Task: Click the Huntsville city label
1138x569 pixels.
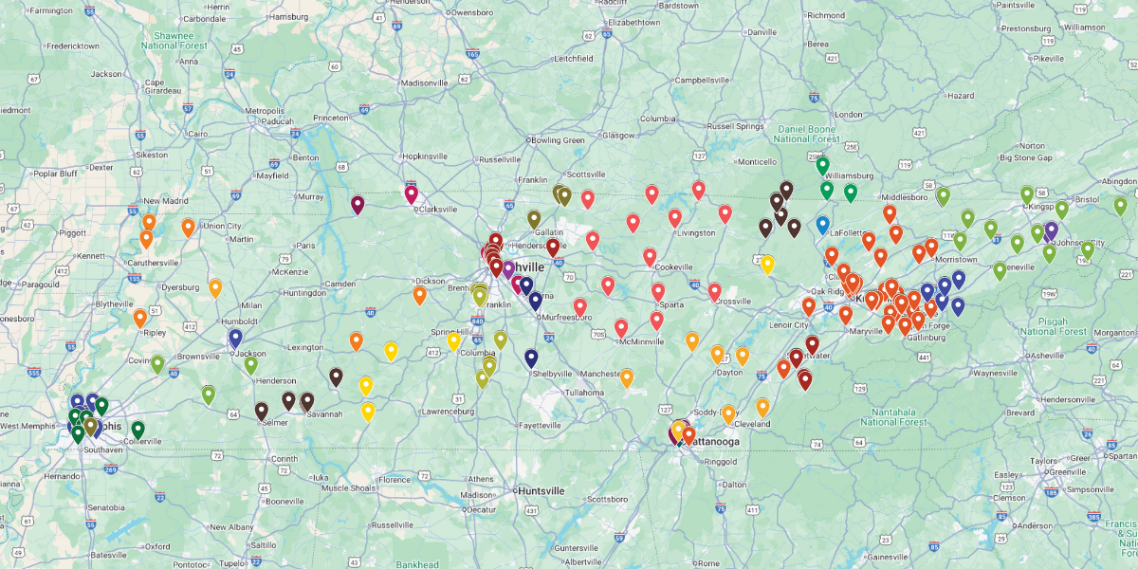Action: tap(542, 490)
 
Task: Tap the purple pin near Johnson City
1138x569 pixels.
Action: tap(1051, 229)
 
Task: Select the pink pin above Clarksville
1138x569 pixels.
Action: tap(411, 193)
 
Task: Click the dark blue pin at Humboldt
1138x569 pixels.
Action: tap(235, 337)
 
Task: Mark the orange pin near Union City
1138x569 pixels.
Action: tap(188, 227)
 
